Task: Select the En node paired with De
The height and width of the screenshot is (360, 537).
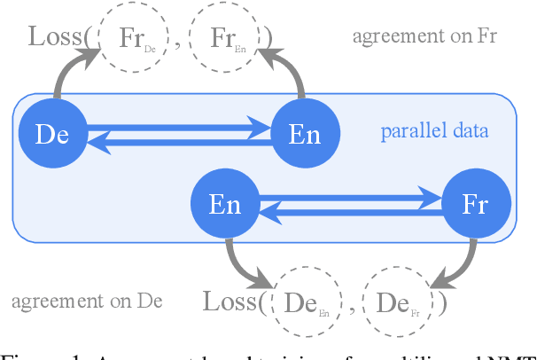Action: point(304,134)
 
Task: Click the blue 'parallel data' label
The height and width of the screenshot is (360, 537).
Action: point(434,132)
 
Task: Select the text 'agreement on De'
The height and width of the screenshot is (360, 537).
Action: point(87,300)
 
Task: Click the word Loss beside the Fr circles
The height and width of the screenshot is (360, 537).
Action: point(58,37)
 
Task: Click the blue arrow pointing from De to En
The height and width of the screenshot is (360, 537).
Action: point(177,128)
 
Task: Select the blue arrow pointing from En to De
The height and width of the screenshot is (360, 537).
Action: point(177,141)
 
